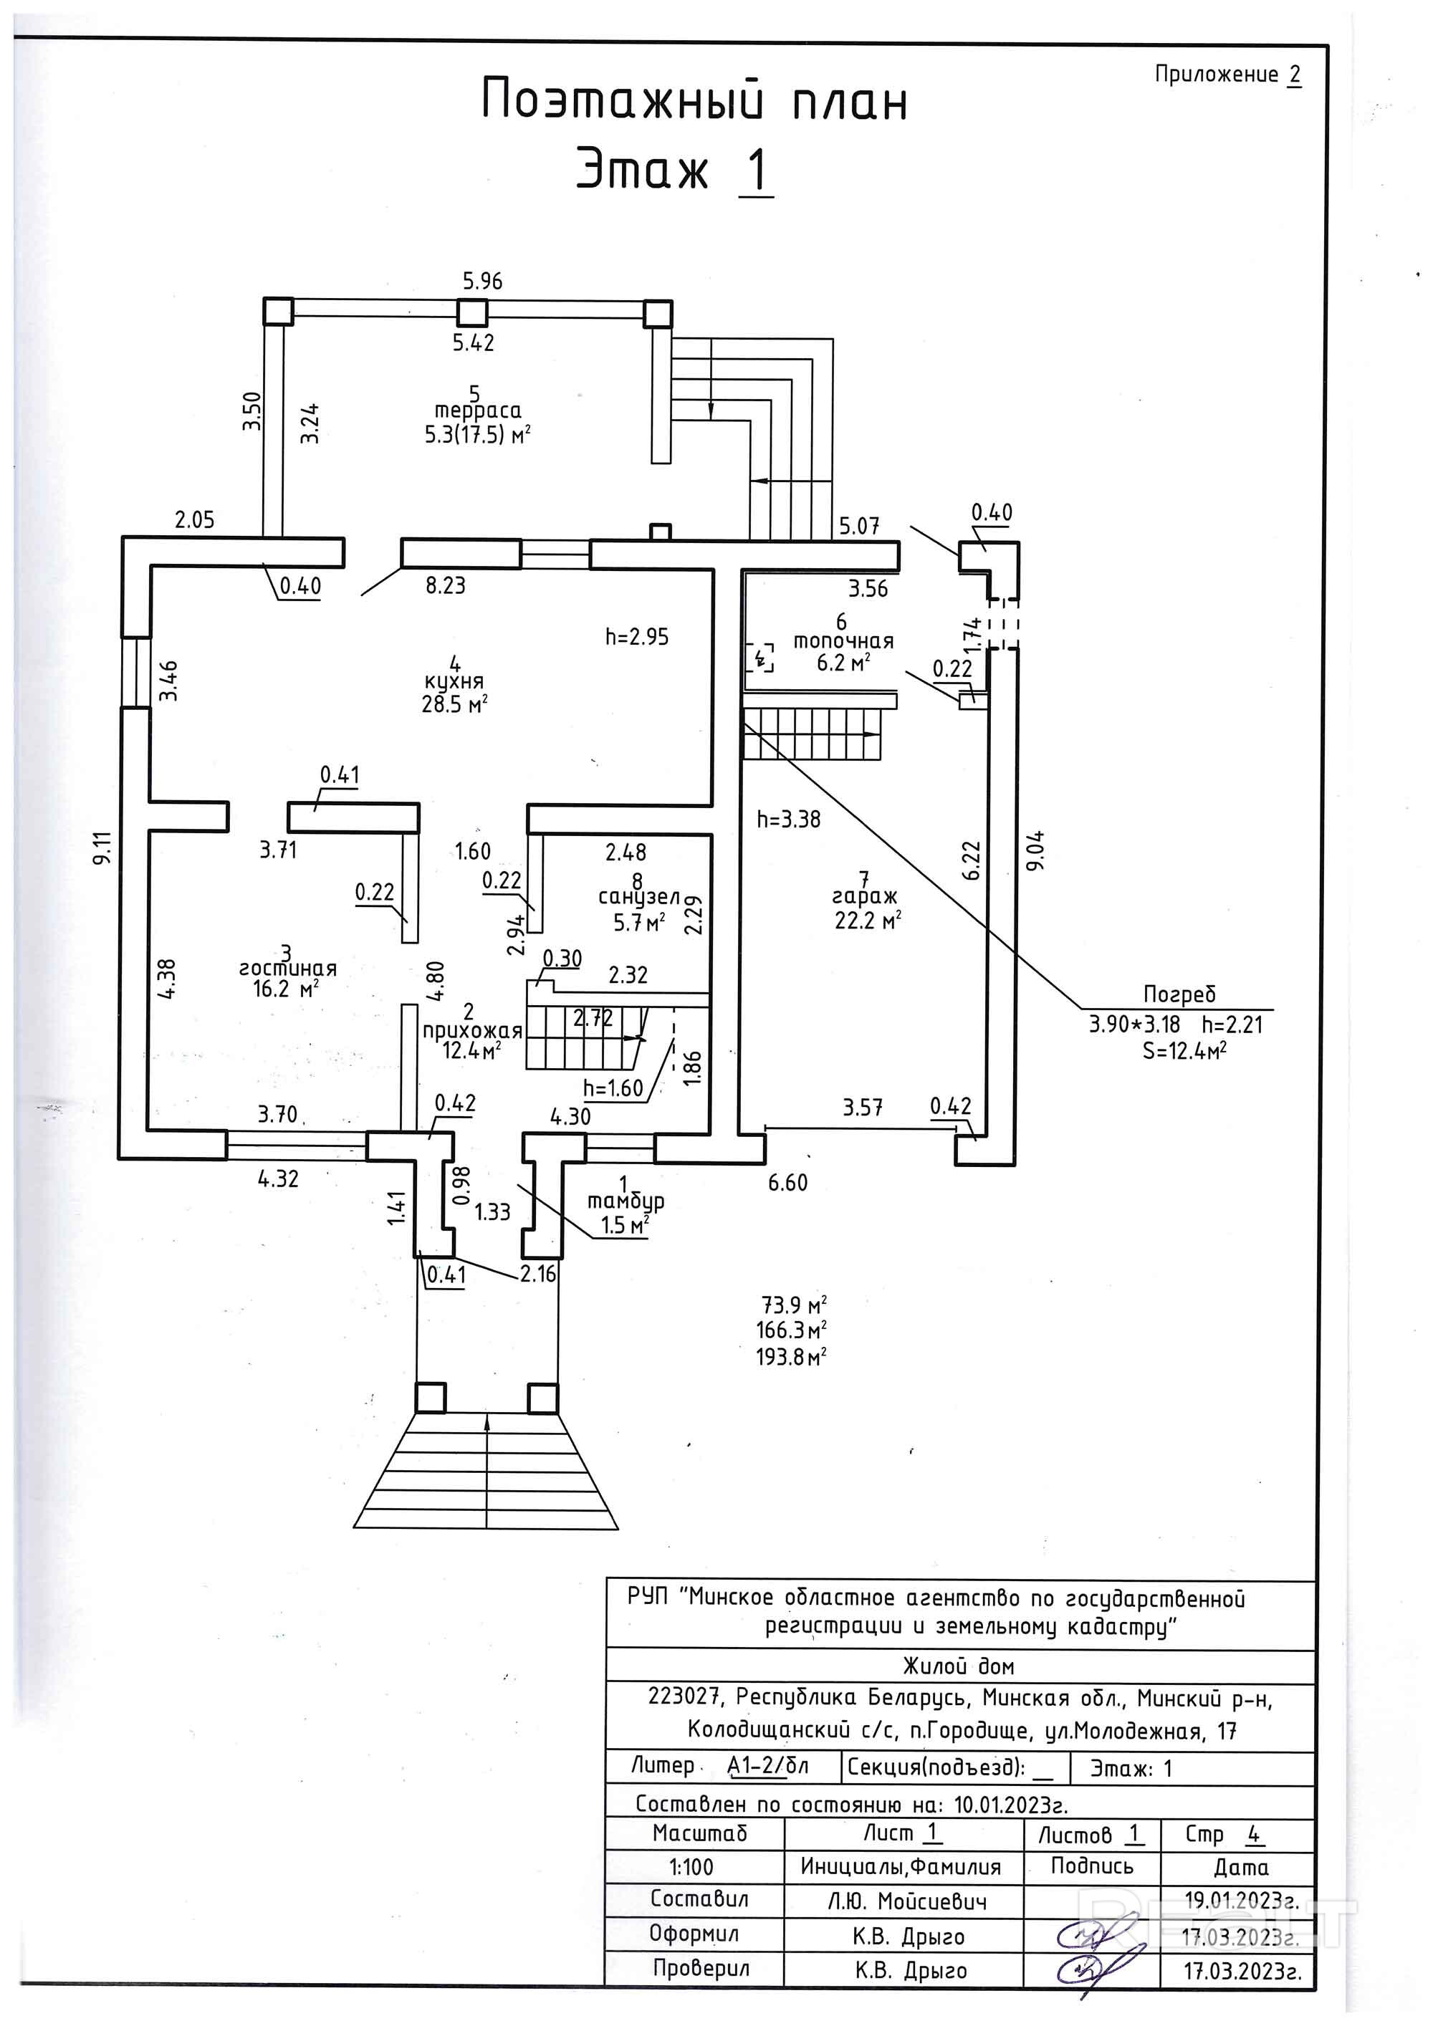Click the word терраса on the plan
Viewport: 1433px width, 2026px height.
[477, 411]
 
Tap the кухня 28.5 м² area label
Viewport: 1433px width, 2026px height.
[454, 692]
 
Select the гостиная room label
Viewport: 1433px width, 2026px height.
[287, 968]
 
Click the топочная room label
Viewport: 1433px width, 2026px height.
[843, 641]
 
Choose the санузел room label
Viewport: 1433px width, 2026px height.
[639, 898]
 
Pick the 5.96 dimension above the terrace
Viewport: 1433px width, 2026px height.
[483, 282]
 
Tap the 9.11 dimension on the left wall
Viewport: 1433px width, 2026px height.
[103, 848]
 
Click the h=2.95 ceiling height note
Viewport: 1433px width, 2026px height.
[637, 636]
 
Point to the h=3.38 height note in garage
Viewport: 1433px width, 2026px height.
[789, 819]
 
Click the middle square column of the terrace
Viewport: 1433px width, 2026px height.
[472, 312]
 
